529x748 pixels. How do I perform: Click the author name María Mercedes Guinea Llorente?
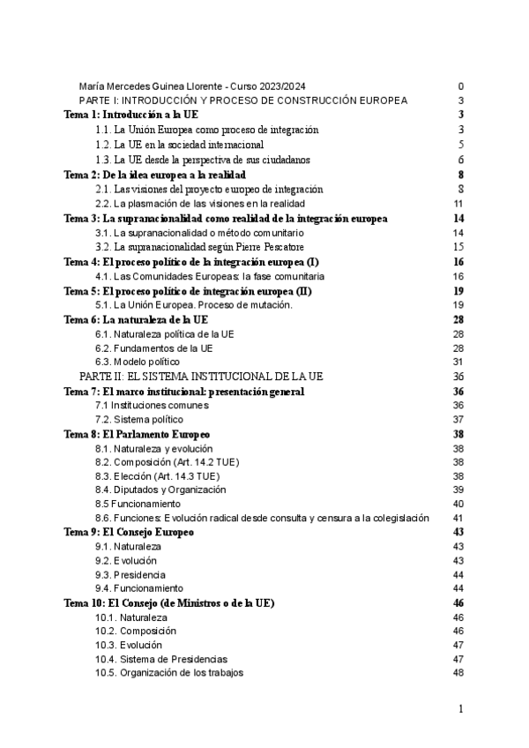coord(151,86)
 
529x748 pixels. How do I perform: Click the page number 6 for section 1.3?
coord(461,160)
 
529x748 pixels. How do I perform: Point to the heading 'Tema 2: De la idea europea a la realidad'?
coord(153,174)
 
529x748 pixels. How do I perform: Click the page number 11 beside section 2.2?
coord(458,204)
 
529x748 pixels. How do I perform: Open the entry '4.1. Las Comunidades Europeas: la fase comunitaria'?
coord(197,276)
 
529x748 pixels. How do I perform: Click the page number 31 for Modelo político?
coord(458,362)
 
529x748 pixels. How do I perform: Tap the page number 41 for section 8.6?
coord(458,518)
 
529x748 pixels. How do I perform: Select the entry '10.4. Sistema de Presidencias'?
coord(161,659)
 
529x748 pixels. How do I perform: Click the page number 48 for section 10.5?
coord(458,673)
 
